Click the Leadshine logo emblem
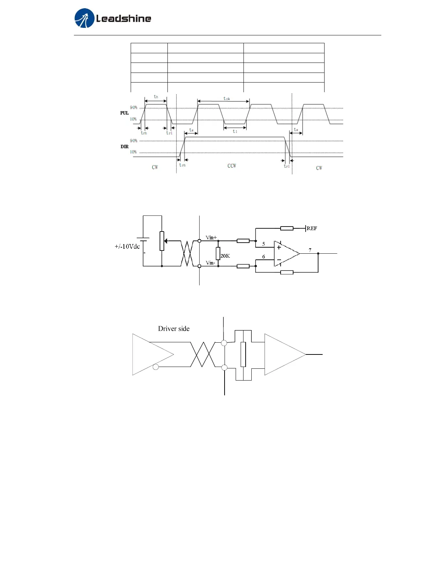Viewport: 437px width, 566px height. point(84,18)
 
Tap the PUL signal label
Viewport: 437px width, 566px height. point(124,113)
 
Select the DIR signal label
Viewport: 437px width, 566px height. point(124,147)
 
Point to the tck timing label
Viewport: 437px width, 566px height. point(227,98)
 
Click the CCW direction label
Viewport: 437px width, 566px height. point(232,166)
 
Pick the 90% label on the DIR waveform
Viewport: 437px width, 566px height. point(134,141)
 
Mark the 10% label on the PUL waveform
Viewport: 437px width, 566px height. point(133,119)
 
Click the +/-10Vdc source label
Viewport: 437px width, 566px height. point(127,247)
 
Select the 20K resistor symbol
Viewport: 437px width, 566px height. point(218,253)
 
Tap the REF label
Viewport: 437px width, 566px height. point(312,228)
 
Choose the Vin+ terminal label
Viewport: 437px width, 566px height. point(211,238)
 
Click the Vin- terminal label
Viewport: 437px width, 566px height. point(210,263)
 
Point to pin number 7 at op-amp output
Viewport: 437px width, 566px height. point(310,250)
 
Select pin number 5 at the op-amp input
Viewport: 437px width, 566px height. point(263,244)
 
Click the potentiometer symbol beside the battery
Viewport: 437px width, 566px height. point(162,241)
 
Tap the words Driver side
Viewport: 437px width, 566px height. point(174,329)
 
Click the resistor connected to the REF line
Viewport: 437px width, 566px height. point(287,228)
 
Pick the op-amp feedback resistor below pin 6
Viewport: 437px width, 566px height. point(287,272)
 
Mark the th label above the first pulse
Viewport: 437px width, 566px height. point(156,97)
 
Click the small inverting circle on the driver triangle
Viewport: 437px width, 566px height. point(156,367)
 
